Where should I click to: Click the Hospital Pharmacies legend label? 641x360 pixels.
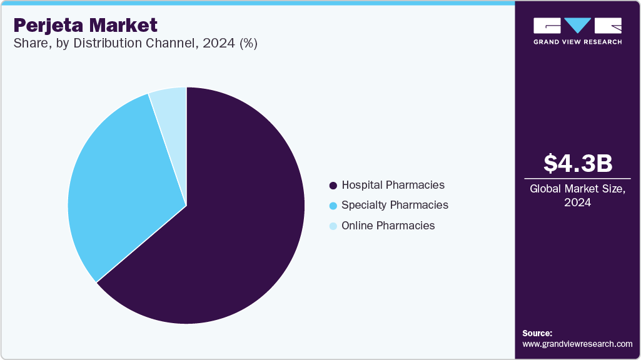tap(393, 185)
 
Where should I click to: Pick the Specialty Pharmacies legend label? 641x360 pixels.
tap(395, 205)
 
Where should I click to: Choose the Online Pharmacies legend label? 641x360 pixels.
tap(388, 226)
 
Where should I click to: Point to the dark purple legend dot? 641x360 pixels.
tap(333, 186)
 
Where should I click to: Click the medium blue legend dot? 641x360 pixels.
tap(333, 206)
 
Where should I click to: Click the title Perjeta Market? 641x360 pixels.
tap(85, 26)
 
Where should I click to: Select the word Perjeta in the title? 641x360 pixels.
tap(49, 26)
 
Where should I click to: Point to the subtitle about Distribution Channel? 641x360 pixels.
tap(135, 43)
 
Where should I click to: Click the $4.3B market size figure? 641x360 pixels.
tap(577, 163)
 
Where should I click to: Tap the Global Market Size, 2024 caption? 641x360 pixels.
tap(577, 195)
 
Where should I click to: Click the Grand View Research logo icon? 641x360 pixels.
tap(577, 26)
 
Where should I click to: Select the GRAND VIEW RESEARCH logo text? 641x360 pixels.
tap(577, 42)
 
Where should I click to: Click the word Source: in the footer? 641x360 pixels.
tap(537, 333)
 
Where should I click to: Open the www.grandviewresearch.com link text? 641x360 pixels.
tap(577, 344)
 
